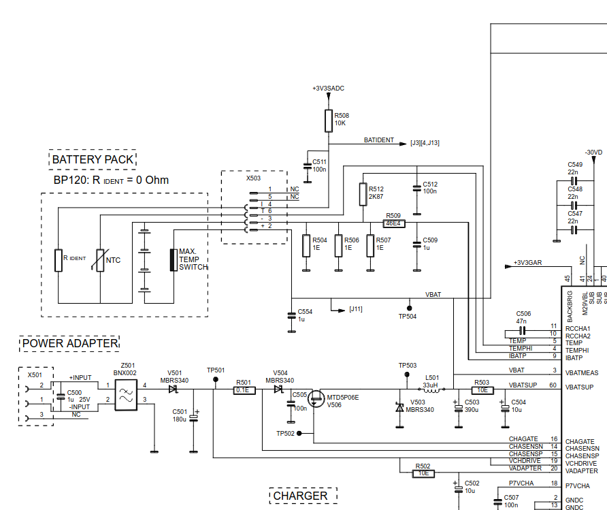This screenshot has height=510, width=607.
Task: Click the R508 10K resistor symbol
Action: click(328, 121)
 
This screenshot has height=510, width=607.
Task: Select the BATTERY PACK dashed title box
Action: click(93, 159)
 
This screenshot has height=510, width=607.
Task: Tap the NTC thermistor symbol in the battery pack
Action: click(100, 260)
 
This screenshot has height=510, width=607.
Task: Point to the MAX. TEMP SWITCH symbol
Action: click(174, 260)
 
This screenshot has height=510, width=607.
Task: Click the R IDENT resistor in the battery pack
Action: click(59, 260)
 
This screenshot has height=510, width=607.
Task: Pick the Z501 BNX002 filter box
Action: click(126, 395)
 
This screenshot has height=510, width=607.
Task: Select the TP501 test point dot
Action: click(216, 379)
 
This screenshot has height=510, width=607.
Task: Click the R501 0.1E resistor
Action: click(244, 390)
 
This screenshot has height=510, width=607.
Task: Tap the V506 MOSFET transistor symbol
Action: click(316, 398)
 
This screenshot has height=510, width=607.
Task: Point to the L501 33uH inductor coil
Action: click(431, 389)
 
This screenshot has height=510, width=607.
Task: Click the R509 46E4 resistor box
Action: click(394, 223)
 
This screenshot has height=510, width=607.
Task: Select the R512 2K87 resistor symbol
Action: click(363, 194)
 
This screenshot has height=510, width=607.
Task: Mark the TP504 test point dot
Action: click(410, 308)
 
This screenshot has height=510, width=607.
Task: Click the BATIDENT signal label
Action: click(378, 140)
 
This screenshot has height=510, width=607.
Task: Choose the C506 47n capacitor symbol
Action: click(523, 331)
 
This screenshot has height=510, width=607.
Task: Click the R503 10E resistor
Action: click(482, 390)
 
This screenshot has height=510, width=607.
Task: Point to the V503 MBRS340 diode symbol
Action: click(400, 407)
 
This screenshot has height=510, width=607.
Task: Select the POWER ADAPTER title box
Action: click(69, 343)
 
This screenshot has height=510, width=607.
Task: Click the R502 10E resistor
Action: click(423, 473)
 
